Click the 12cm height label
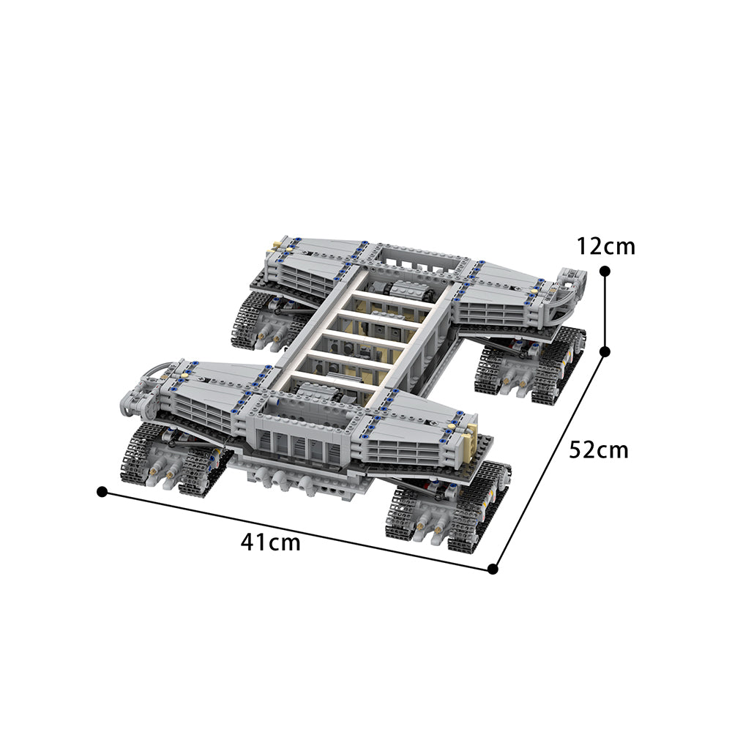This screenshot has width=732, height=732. (x=605, y=247)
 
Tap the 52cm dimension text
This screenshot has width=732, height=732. (x=599, y=449)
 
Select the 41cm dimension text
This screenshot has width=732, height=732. (x=270, y=542)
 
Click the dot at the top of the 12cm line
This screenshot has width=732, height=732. (x=605, y=271)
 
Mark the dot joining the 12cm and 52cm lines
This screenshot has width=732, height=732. (x=605, y=351)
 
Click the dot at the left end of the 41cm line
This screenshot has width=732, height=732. (x=102, y=491)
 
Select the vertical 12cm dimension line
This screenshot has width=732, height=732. (x=605, y=311)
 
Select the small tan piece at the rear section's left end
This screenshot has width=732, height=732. (x=278, y=245)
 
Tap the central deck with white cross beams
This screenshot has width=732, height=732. (x=362, y=329)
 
